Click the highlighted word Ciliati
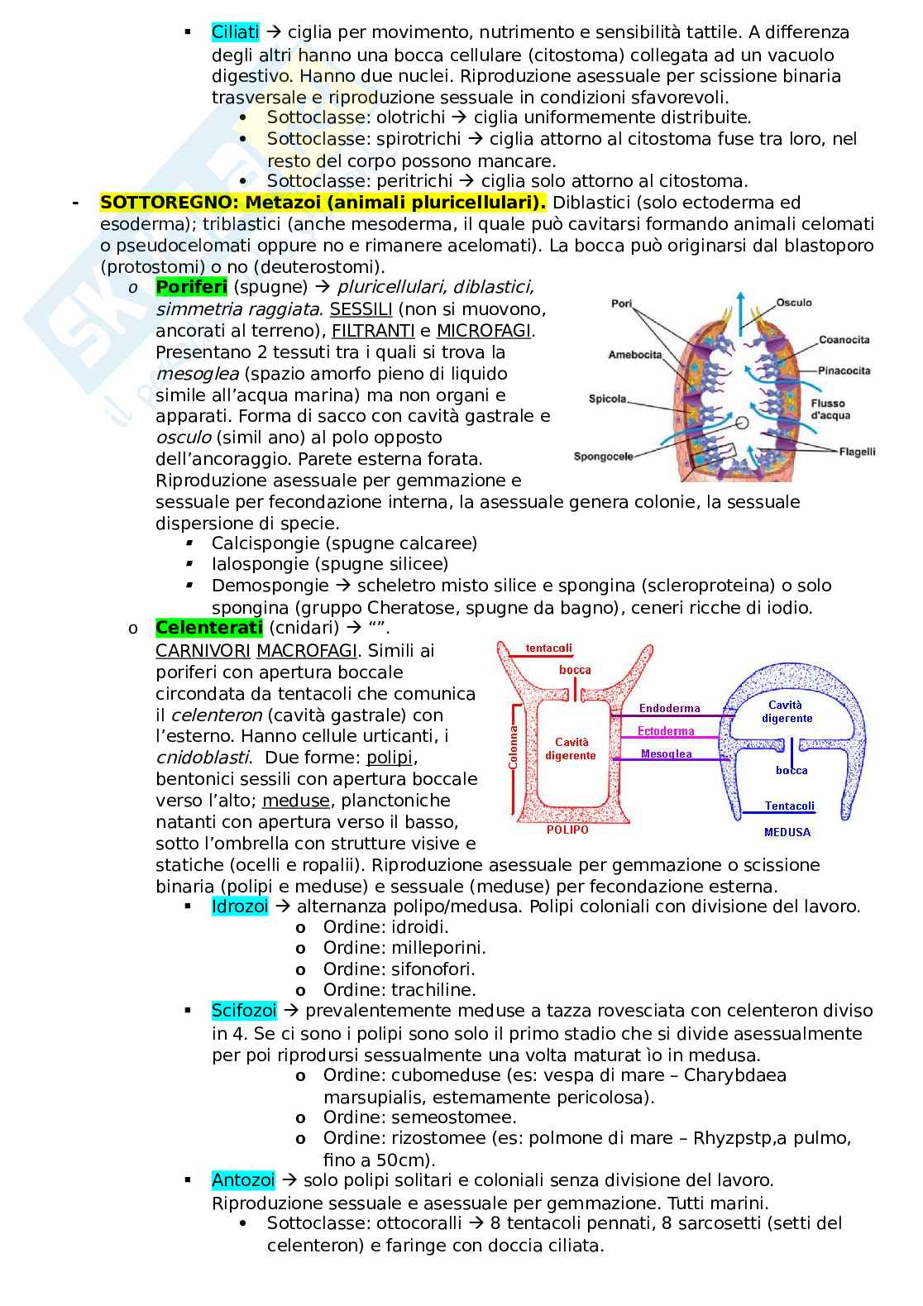point(235,32)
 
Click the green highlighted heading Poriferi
point(191,287)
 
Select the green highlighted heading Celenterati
point(208,628)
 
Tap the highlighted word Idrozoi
point(240,907)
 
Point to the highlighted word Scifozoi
point(244,1011)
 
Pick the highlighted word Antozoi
point(243,1180)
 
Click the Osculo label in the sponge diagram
point(794,303)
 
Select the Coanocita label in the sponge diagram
point(844,340)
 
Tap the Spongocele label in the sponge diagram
point(603,456)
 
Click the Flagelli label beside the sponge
point(857,452)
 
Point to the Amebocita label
point(635,355)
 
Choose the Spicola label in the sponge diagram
point(608,399)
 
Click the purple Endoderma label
point(669,709)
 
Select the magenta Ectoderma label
point(666,731)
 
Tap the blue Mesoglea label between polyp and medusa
point(666,754)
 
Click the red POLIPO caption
point(567,830)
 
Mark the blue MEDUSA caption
point(787,832)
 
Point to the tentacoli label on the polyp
point(548,648)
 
